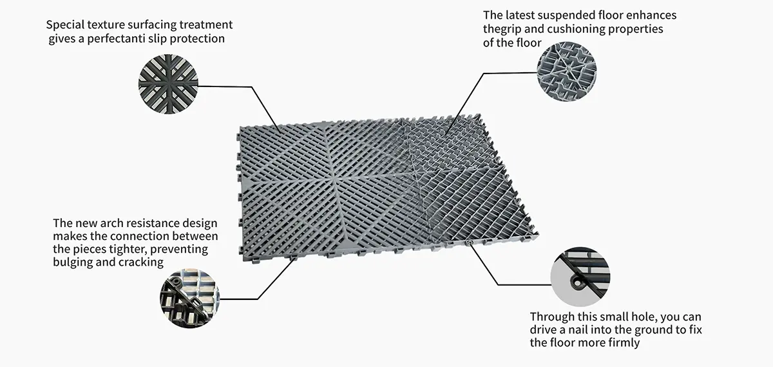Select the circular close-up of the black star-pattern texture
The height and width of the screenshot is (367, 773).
(168, 84)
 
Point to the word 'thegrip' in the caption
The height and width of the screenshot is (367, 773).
(502, 30)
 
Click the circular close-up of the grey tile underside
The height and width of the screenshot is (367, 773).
(567, 72)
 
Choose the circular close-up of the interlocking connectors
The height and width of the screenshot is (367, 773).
(189, 299)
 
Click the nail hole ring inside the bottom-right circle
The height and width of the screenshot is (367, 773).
(577, 283)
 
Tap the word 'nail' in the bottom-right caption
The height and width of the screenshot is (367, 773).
(578, 330)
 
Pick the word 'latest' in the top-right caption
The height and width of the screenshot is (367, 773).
(520, 15)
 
